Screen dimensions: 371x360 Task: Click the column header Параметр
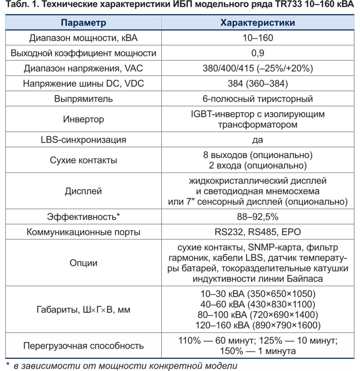(x=83, y=23)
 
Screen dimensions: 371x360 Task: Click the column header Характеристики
(x=258, y=23)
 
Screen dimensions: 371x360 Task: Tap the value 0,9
(x=258, y=53)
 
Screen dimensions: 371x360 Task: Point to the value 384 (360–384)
(x=258, y=84)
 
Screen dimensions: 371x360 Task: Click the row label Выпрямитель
(x=83, y=99)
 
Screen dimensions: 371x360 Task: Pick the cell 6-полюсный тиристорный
(x=258, y=99)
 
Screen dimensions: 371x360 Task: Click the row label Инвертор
(x=83, y=119)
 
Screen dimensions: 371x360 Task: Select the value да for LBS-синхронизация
(x=258, y=139)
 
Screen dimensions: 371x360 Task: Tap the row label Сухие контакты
(x=83, y=160)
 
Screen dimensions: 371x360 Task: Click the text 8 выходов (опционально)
(x=258, y=155)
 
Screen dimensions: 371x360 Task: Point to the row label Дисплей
(x=83, y=191)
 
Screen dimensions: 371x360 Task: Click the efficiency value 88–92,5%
(x=258, y=217)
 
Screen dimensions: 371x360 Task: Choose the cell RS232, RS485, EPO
(x=258, y=232)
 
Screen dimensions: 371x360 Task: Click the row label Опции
(x=83, y=263)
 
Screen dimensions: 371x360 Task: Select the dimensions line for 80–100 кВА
(x=258, y=314)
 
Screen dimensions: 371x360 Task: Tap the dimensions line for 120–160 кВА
(x=258, y=325)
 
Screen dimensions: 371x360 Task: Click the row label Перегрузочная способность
(x=83, y=346)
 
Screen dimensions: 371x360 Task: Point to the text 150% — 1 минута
(x=258, y=351)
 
